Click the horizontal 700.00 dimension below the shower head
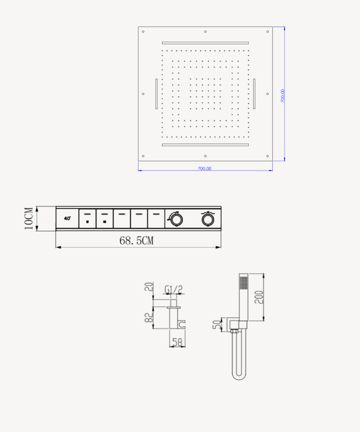tap(204, 168)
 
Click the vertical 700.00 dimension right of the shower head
tap(283, 95)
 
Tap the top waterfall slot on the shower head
tap(205, 43)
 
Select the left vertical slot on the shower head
tap(156, 94)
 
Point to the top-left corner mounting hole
tap(143, 31)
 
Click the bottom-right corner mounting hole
tap(268, 156)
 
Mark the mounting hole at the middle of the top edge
tap(205, 31)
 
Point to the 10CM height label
tap(29, 218)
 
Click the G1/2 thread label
tap(174, 289)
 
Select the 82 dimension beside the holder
tap(149, 317)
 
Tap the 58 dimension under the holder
tap(177, 342)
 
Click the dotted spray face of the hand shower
tap(243, 282)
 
